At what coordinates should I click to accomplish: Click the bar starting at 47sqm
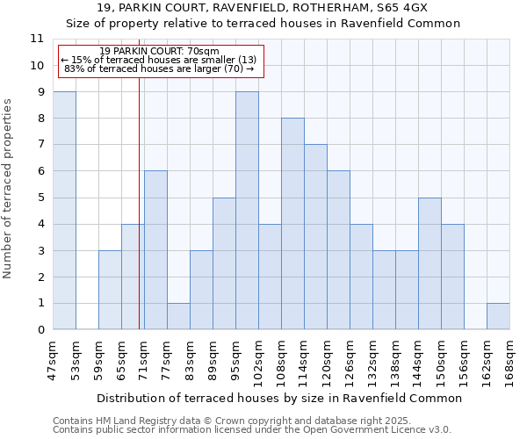tap(64, 211)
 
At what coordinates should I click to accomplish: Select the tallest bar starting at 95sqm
tap(247, 211)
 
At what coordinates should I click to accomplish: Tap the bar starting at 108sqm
tap(292, 224)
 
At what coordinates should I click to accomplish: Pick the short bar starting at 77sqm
tap(178, 316)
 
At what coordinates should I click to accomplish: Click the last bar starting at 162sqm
tap(498, 316)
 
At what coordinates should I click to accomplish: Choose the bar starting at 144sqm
tap(430, 263)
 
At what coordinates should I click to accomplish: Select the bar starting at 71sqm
tap(155, 250)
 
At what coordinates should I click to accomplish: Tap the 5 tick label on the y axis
tap(40, 198)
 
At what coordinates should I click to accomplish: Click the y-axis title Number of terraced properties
tap(8, 189)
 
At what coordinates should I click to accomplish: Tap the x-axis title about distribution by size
tap(278, 398)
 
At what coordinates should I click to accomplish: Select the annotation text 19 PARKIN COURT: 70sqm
tap(160, 52)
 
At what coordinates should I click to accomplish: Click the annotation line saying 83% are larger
tap(159, 68)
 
